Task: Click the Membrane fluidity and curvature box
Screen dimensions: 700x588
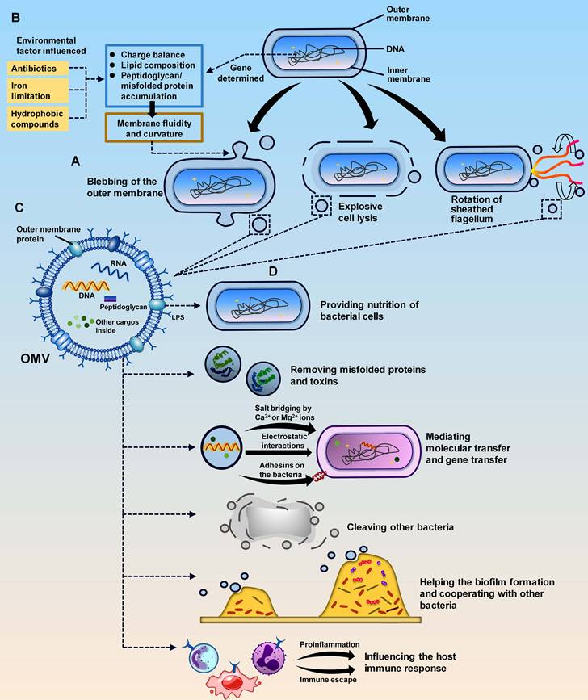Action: (x=153, y=126)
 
